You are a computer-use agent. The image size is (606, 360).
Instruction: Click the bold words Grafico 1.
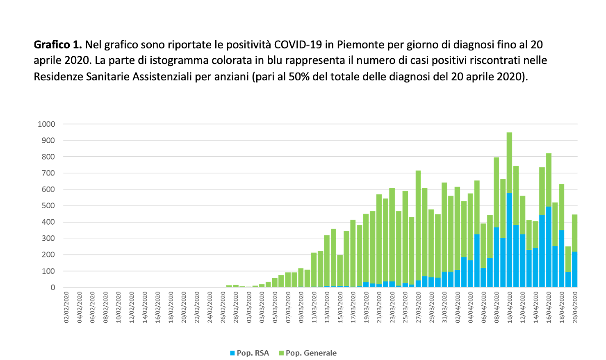58,44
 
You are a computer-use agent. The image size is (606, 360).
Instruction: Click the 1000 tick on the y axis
46,124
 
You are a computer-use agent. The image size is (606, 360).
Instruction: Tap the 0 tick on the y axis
52,287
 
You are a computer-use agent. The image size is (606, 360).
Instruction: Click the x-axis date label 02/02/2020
67,308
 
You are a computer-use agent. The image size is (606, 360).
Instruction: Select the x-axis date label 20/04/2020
575,308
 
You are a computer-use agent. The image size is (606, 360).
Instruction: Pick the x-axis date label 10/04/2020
510,308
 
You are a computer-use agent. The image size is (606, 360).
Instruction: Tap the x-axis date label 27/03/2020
419,308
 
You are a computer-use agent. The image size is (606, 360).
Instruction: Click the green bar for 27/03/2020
418,226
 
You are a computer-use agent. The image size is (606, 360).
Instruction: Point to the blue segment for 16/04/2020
549,246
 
